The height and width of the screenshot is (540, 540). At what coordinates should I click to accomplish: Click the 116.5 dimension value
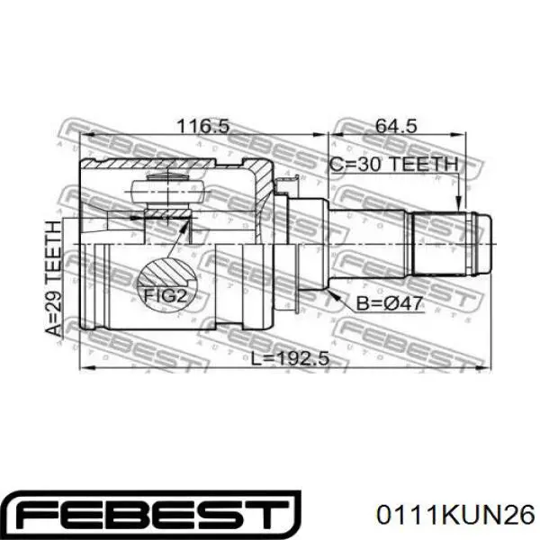click(202, 126)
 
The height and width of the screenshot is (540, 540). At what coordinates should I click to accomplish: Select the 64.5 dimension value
click(396, 126)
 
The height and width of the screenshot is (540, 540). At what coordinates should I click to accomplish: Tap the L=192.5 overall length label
click(290, 359)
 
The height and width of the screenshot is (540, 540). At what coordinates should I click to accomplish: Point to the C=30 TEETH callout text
click(394, 164)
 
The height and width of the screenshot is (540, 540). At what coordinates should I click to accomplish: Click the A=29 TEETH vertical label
click(54, 279)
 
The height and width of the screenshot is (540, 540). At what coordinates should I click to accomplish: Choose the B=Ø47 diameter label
click(389, 304)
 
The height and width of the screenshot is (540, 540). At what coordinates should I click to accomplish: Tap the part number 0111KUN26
click(455, 516)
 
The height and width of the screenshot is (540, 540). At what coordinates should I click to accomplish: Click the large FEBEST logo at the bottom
click(154, 515)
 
